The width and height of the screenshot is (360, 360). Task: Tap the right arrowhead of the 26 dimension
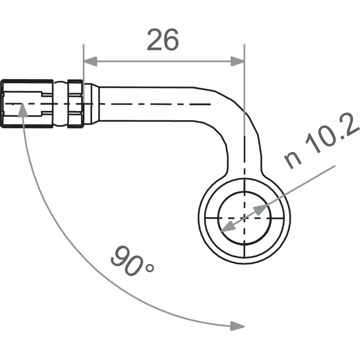pyautogui.click(x=237, y=61)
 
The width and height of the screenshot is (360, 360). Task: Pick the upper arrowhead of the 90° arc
pyautogui.click(x=22, y=109)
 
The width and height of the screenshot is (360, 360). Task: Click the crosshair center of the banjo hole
pyautogui.click(x=244, y=217)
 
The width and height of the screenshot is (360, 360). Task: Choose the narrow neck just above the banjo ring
pyautogui.click(x=244, y=166)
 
